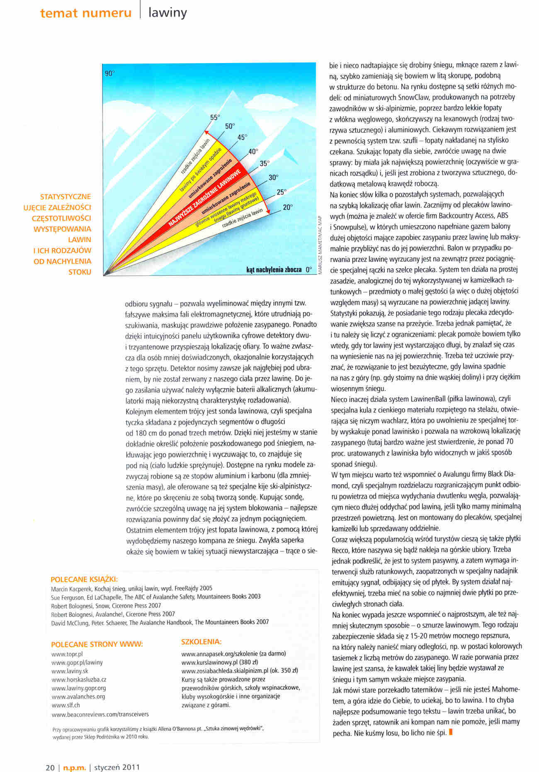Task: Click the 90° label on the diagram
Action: coord(109,73)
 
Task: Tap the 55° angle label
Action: coord(215,117)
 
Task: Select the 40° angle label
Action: coord(253,151)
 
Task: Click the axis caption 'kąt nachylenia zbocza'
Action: coord(274,269)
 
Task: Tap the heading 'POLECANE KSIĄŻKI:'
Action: coord(84,579)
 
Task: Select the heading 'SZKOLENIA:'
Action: coord(202,641)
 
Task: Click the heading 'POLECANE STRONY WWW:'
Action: coord(97,644)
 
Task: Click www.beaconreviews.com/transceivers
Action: coord(100,714)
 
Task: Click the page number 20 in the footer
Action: coord(50,767)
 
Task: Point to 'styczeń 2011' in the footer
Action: coord(117,767)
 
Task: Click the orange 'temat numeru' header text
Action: coord(86,13)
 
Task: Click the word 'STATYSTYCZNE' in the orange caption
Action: coord(66,197)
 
